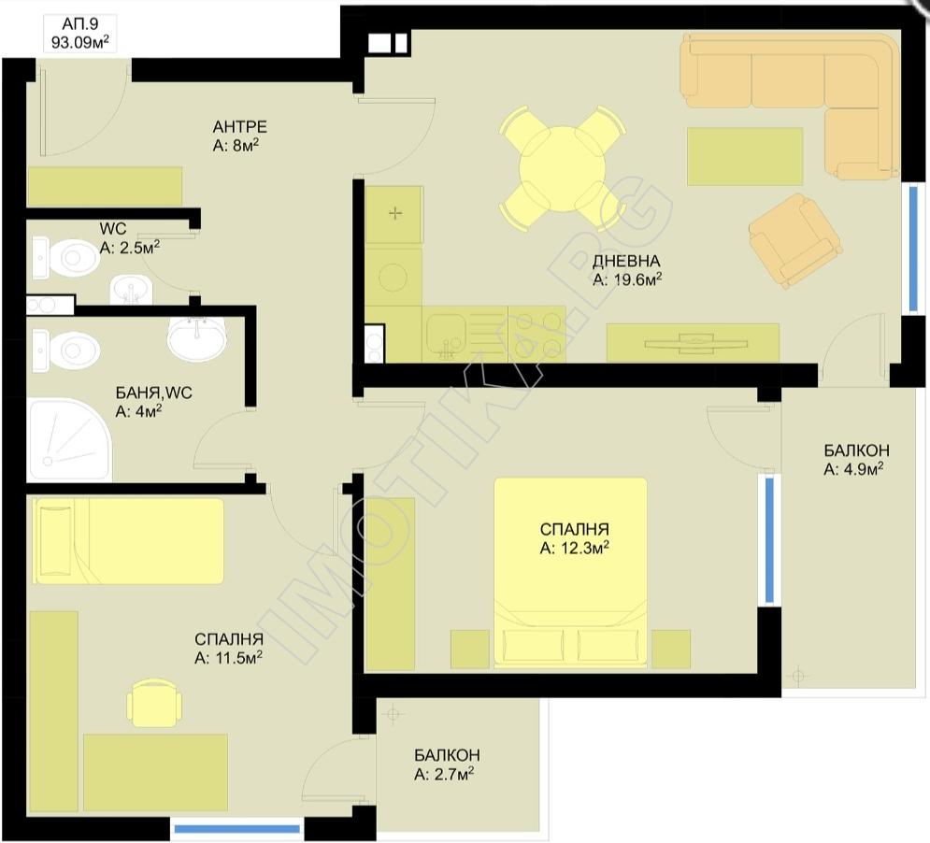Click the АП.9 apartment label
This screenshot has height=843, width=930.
pos(80,24)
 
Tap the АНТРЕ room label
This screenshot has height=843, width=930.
pos(239,126)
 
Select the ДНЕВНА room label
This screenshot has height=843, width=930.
pos(625,261)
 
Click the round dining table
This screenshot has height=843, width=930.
pos(562,168)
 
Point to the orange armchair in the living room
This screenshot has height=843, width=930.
pos(794,240)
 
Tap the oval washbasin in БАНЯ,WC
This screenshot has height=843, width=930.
pos(196,338)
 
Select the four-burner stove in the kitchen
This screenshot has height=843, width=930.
pos(537,334)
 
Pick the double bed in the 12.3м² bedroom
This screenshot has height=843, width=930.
pos(570,573)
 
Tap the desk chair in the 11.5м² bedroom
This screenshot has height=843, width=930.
pos(154,703)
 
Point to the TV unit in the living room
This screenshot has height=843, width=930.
pos(693,342)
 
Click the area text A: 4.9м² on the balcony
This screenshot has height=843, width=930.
pos(853,468)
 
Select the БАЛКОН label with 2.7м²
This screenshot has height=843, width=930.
pos(447,754)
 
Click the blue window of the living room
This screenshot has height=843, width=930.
pos(913,248)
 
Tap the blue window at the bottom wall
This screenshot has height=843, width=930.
pos(237,829)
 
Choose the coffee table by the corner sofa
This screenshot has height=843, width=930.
pos(745,157)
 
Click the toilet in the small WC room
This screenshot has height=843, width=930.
pos(65,258)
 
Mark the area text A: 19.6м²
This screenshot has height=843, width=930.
pos(627,279)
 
